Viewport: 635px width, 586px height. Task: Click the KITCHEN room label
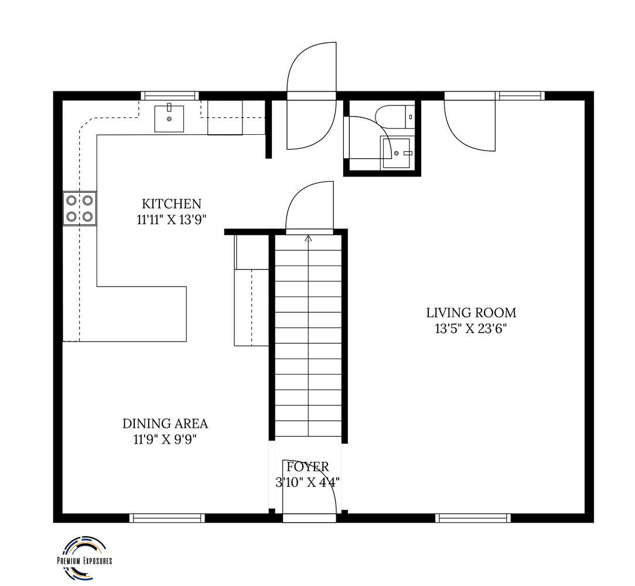[x=171, y=203]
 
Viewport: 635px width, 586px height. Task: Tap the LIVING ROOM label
[x=471, y=313]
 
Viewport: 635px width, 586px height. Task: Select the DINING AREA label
[x=165, y=424]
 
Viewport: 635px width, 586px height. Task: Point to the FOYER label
[x=308, y=467]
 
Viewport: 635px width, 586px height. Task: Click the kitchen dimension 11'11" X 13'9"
[x=171, y=220]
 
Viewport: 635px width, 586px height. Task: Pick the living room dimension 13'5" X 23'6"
[x=471, y=329]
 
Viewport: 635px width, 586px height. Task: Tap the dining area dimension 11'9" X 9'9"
[x=165, y=439]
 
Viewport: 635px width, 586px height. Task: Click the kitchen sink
[x=169, y=119]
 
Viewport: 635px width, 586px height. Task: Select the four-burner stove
[x=80, y=208]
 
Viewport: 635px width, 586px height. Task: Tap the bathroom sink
[x=397, y=153]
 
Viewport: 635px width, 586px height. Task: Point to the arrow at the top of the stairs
[x=309, y=239]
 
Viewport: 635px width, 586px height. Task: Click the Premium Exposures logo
[x=84, y=558]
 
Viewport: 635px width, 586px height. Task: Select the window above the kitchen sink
[x=170, y=96]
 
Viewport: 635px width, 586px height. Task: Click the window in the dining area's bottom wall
[x=167, y=518]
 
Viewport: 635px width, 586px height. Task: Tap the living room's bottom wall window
[x=473, y=518]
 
